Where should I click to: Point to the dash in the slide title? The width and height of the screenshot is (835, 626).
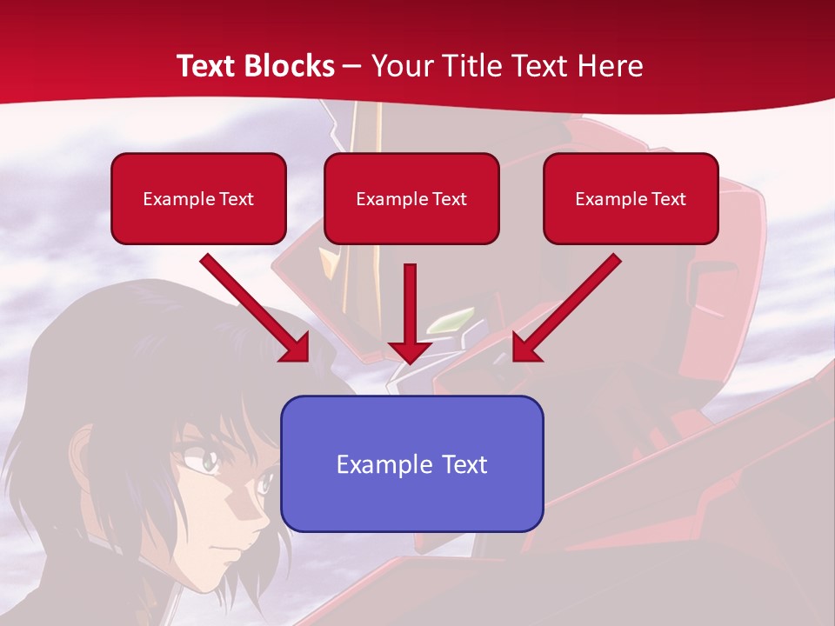pyautogui.click(x=352, y=67)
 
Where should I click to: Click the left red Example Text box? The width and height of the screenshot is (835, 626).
pyautogui.click(x=198, y=198)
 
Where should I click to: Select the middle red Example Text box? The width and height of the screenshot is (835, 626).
pyautogui.click(x=411, y=198)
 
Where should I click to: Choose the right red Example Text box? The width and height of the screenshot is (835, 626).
pyautogui.click(x=631, y=198)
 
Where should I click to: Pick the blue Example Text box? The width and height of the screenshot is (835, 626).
pyautogui.click(x=411, y=463)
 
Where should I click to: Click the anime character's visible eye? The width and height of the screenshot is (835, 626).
pyautogui.click(x=208, y=460)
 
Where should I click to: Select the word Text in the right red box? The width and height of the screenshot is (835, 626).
pyautogui.click(x=668, y=198)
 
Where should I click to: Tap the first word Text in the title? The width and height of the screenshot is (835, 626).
pyautogui.click(x=210, y=66)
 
